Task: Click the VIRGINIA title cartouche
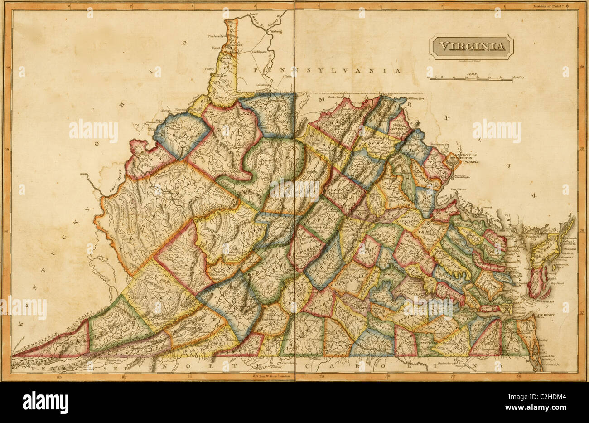471,46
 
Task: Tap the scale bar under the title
473,78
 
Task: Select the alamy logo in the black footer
45,402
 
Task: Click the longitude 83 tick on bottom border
58,376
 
